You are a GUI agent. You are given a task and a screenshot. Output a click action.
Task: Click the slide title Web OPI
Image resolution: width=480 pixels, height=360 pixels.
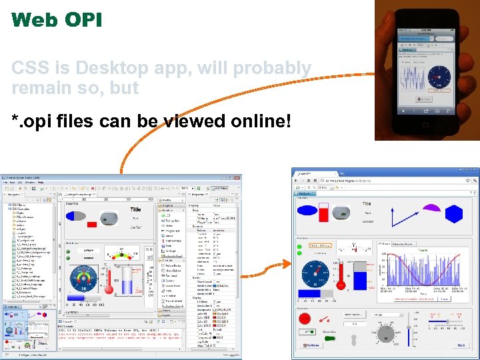coord(57,19)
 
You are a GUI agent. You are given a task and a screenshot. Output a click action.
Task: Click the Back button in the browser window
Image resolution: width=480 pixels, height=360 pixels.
coord(460,345)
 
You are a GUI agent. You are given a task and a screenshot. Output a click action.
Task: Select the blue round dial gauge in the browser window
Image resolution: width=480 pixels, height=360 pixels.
coord(313,273)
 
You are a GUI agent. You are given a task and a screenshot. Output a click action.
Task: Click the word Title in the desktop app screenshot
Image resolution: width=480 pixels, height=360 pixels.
coord(135,209)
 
